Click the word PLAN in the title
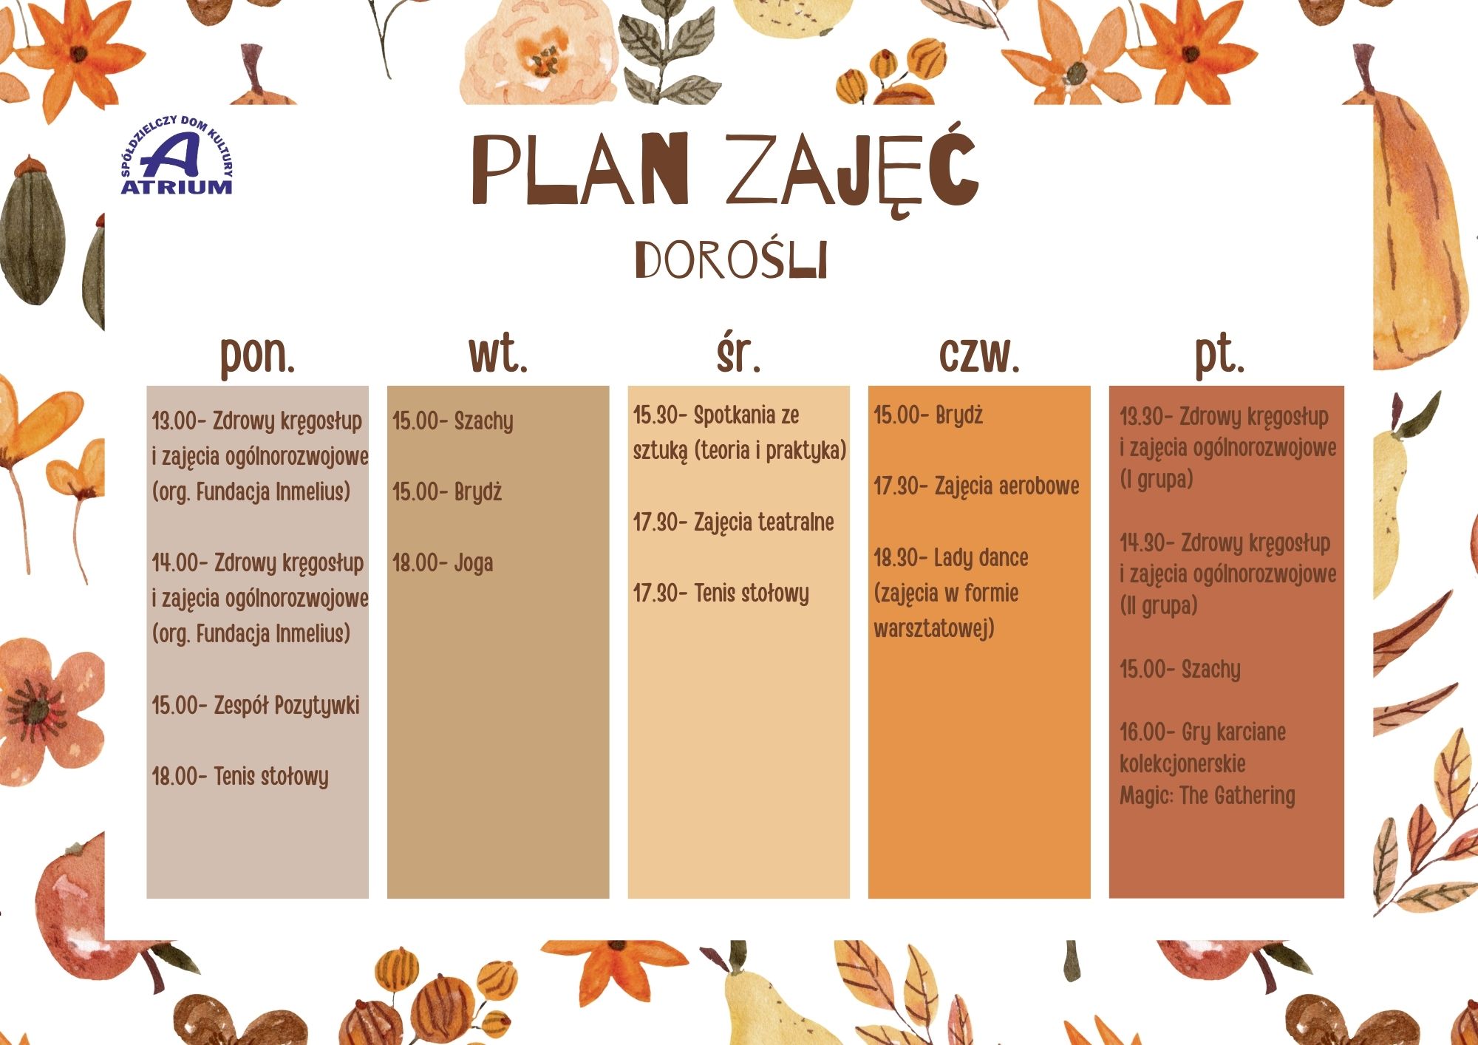[580, 169]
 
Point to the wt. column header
[498, 354]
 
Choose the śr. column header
[738, 353]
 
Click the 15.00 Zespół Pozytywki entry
[256, 706]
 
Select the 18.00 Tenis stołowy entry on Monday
[240, 777]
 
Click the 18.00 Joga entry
[443, 564]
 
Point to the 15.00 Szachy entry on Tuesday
[452, 422]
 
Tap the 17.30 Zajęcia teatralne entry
[733, 523]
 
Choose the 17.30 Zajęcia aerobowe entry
[976, 487]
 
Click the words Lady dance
[981, 558]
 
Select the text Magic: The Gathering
[1208, 796]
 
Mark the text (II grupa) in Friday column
[1158, 606]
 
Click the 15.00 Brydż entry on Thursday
[928, 416]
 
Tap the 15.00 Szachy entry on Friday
[1180, 670]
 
